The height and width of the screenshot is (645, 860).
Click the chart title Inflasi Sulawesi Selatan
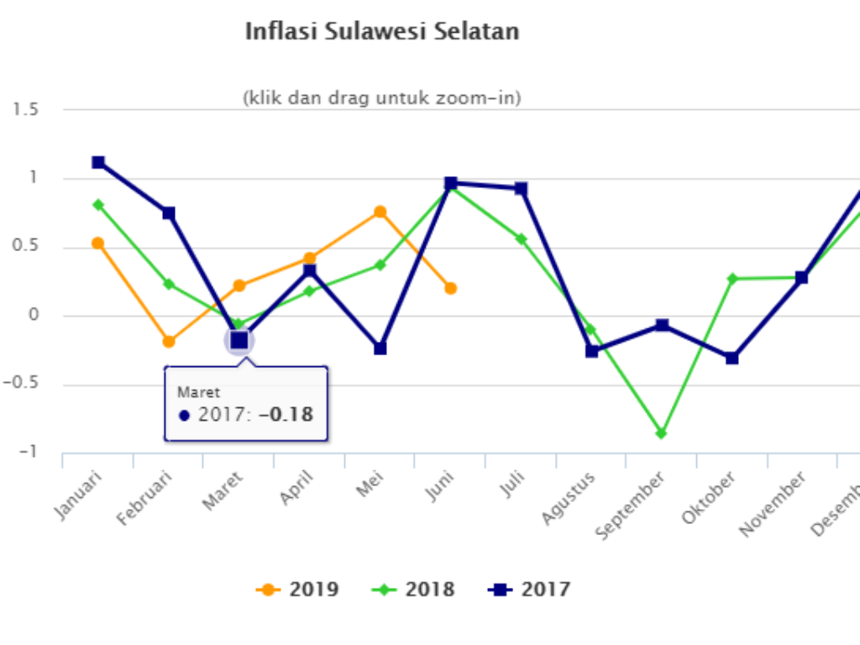coord(382,32)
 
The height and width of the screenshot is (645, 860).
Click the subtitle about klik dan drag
coord(382,98)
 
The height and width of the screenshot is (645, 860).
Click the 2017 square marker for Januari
coord(98,162)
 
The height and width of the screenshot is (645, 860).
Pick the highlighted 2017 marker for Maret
coord(239,340)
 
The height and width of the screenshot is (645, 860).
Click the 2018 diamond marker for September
coord(661,433)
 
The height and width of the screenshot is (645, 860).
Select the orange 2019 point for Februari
coord(169,341)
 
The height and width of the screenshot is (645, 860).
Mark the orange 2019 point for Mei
coord(380,212)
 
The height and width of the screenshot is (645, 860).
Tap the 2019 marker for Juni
coord(450,288)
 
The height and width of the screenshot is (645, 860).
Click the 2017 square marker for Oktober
coord(732,358)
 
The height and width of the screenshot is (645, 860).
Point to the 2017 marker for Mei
coord(380,348)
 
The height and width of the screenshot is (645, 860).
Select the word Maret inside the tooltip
coord(198,392)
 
